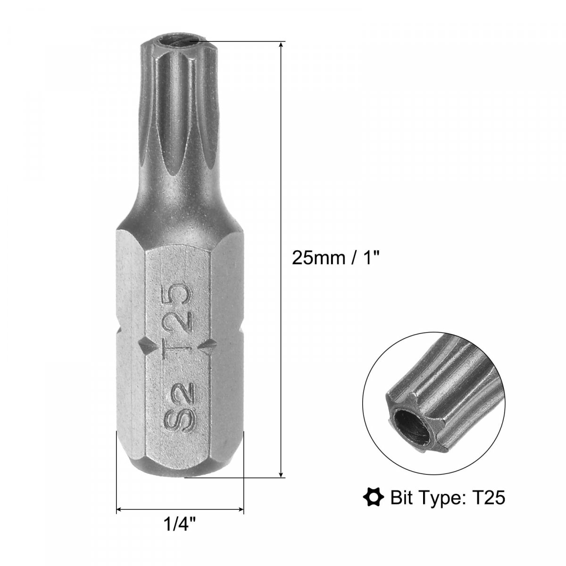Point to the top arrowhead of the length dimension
click(281, 44)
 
